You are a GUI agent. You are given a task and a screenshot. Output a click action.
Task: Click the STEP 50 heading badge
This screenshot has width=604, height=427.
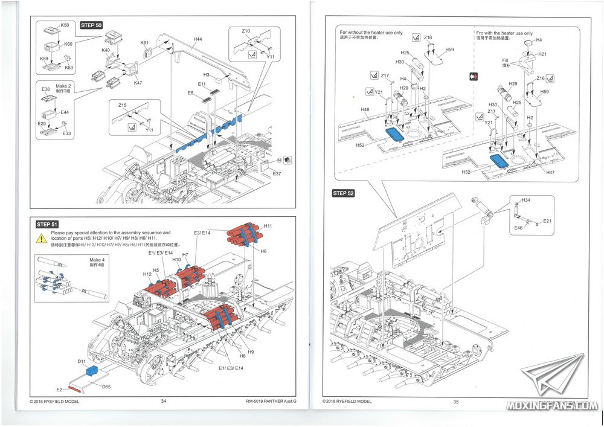pos(91,25)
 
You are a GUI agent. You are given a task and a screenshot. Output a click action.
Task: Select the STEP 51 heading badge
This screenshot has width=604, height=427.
pos(47,224)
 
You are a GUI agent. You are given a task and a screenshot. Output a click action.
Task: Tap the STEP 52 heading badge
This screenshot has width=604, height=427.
pos(343,193)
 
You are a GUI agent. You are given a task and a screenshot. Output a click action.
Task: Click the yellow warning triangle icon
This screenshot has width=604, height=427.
pos(42,238)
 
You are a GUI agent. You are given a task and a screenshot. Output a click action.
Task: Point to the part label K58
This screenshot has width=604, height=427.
pos(65,25)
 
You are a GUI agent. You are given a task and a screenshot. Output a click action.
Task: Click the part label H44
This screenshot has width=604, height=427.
pos(198,39)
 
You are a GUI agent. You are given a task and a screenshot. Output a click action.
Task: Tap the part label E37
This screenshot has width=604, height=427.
pos(277,174)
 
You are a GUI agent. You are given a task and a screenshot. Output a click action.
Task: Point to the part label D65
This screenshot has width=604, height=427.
pos(106,386)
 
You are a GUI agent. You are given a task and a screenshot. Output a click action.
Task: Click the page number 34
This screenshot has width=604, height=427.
pos(164,401)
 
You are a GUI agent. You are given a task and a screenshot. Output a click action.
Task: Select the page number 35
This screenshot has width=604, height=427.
pos(456,402)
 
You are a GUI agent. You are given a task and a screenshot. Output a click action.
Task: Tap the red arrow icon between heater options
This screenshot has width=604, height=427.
pos(474,77)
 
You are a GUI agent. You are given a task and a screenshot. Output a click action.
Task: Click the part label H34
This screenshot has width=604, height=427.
pos(525,200)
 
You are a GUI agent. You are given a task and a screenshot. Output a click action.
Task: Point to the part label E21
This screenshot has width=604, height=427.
pos(547,221)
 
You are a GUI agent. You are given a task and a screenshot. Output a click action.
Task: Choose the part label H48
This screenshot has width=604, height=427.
pos(365,110)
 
